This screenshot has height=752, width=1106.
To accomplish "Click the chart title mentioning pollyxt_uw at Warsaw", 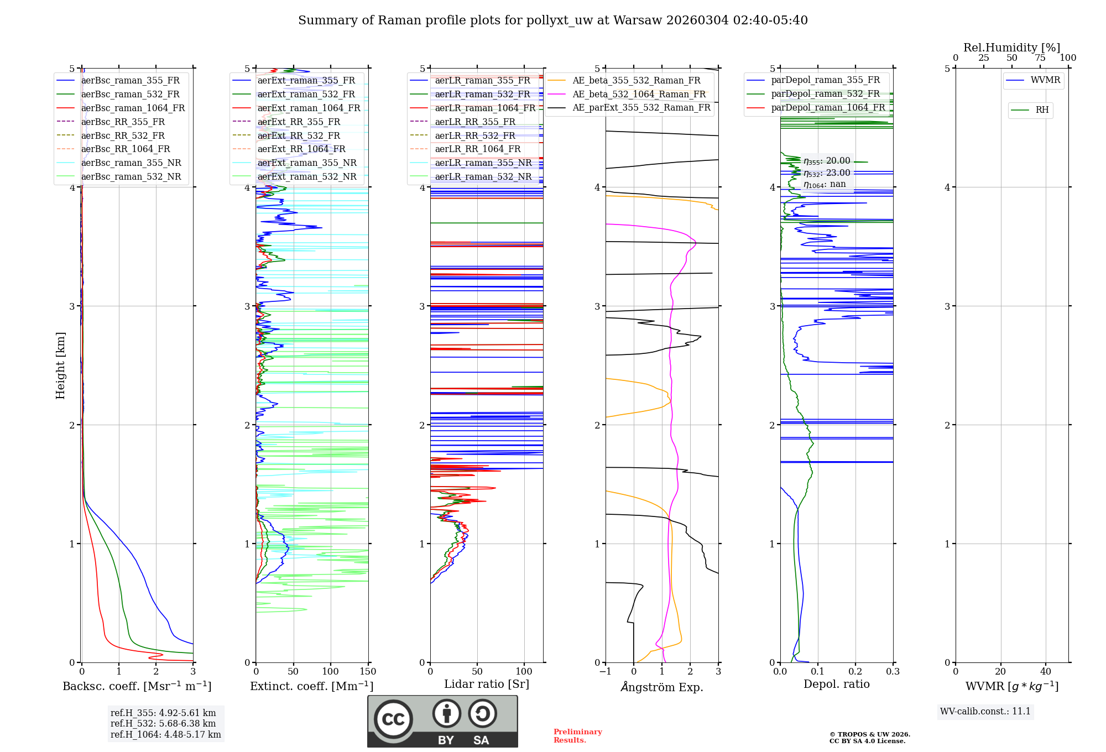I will click(x=552, y=20).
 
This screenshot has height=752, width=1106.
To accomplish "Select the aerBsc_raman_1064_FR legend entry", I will click(x=133, y=108).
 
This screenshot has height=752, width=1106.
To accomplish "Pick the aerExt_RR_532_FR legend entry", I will click(x=299, y=135).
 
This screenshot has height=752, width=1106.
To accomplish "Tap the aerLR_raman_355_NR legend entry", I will click(x=483, y=163).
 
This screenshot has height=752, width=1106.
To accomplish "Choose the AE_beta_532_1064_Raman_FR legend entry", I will click(x=639, y=94).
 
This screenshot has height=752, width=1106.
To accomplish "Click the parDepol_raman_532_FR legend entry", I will click(x=825, y=94).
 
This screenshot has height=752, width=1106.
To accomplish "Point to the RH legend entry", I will click(x=1042, y=110).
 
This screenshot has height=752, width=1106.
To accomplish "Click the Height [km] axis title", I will click(x=60, y=365).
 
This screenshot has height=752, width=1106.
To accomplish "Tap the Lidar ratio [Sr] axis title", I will click(x=487, y=684).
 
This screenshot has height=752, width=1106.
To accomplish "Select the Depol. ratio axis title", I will click(x=836, y=684).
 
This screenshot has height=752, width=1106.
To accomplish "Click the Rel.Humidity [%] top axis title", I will click(x=1011, y=48).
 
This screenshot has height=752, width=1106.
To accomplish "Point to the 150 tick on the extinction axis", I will click(x=368, y=672).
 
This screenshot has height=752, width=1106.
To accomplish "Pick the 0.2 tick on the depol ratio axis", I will click(x=855, y=672).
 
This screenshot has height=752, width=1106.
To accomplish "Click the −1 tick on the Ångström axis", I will click(x=606, y=672).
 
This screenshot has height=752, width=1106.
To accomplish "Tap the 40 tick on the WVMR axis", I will click(x=1045, y=672).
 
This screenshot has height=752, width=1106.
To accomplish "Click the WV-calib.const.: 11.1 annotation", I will click(x=985, y=711).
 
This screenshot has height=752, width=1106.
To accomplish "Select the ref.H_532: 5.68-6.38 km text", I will click(x=163, y=723).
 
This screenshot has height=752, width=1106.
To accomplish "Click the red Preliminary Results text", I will click(x=577, y=736).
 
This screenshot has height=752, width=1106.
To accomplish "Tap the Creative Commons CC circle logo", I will click(x=393, y=719).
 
